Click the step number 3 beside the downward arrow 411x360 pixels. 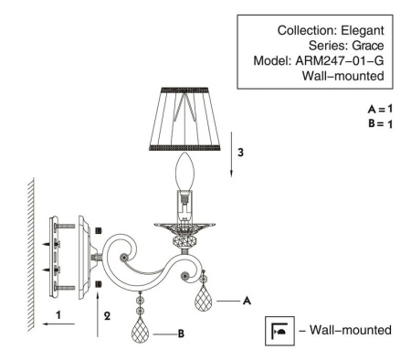point(241,153)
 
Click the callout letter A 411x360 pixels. point(248,299)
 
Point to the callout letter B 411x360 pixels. point(182,334)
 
